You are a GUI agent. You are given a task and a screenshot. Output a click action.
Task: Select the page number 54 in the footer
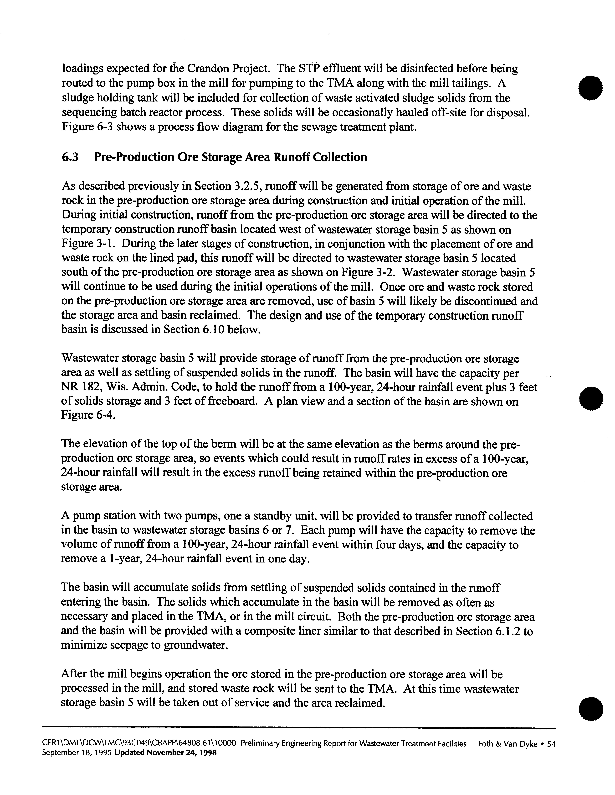551,744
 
